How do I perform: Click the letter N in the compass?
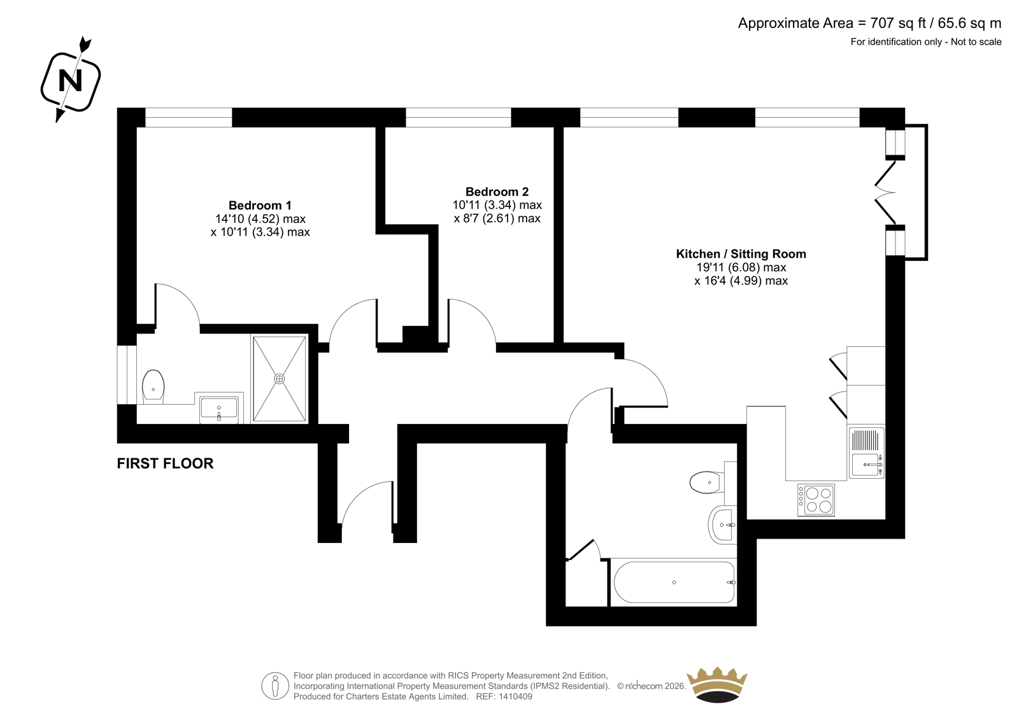[71, 81]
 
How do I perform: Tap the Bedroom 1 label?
[260, 205]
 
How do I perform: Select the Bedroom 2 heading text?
[497, 192]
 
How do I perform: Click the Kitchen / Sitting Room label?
[741, 254]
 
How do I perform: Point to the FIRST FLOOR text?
[165, 463]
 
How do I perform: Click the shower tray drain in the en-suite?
[280, 378]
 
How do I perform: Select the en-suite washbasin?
[219, 407]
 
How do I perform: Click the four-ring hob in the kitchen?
[816, 500]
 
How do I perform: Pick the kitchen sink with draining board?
[866, 453]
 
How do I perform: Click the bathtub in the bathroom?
[674, 582]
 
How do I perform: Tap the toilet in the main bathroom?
[707, 482]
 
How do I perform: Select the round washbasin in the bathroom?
[722, 525]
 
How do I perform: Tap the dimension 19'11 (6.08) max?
[741, 267]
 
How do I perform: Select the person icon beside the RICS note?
[275, 686]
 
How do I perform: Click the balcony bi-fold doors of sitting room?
[886, 192]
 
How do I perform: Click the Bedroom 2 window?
[458, 117]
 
